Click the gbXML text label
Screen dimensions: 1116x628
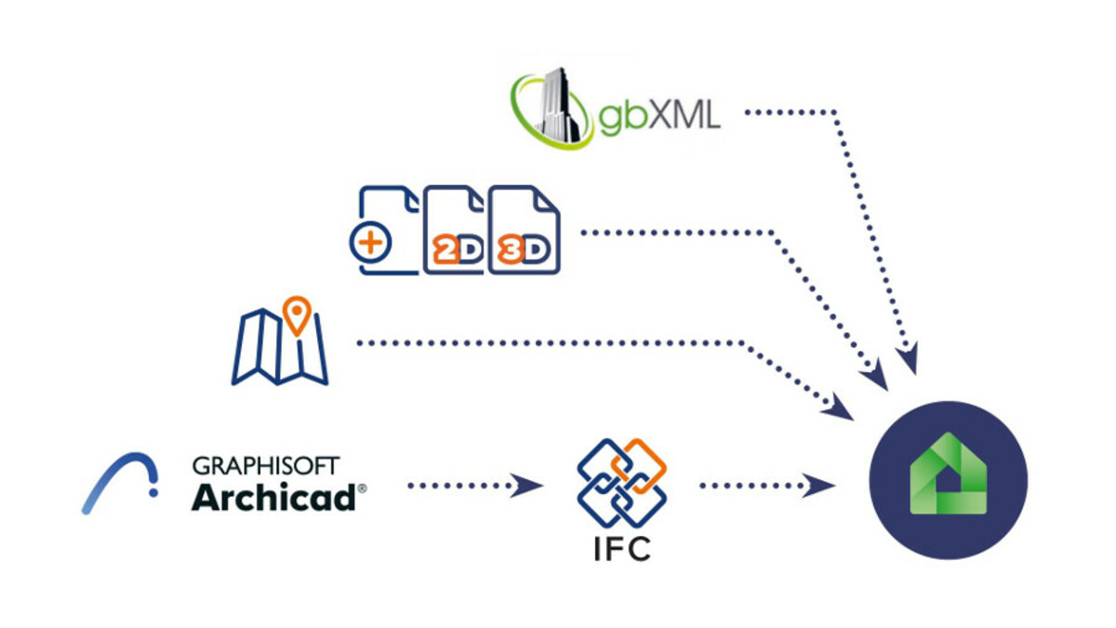659,115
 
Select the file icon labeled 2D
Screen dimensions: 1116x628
454,230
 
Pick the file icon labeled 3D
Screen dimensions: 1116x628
525,230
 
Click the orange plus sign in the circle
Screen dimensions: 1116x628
370,243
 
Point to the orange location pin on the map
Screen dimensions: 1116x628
297,315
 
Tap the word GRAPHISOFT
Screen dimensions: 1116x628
266,465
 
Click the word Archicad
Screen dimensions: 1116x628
273,497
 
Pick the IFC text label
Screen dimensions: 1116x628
622,549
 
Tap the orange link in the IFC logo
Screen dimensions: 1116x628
639,465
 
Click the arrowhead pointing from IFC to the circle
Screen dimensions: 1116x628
818,486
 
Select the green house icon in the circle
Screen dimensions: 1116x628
948,474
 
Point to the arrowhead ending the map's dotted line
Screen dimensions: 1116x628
839,407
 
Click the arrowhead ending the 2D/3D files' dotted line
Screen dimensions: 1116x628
875,374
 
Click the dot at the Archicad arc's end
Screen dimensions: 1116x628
153,492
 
